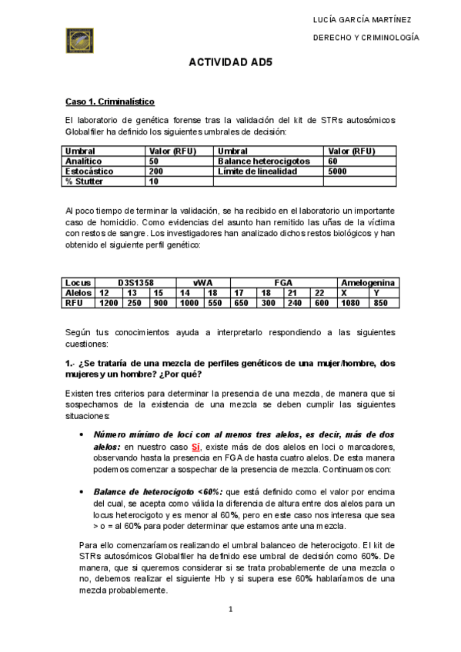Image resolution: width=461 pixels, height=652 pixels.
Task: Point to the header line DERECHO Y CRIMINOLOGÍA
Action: click(x=370, y=37)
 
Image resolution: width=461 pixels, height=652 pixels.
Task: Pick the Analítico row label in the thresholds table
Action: click(x=82, y=161)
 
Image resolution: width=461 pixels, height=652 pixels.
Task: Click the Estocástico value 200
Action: click(x=156, y=171)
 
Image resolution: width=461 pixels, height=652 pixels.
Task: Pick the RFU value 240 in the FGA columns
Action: click(x=296, y=303)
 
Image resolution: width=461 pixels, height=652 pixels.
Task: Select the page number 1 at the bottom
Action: click(x=230, y=610)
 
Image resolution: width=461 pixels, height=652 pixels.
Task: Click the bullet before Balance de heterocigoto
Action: click(x=82, y=491)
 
